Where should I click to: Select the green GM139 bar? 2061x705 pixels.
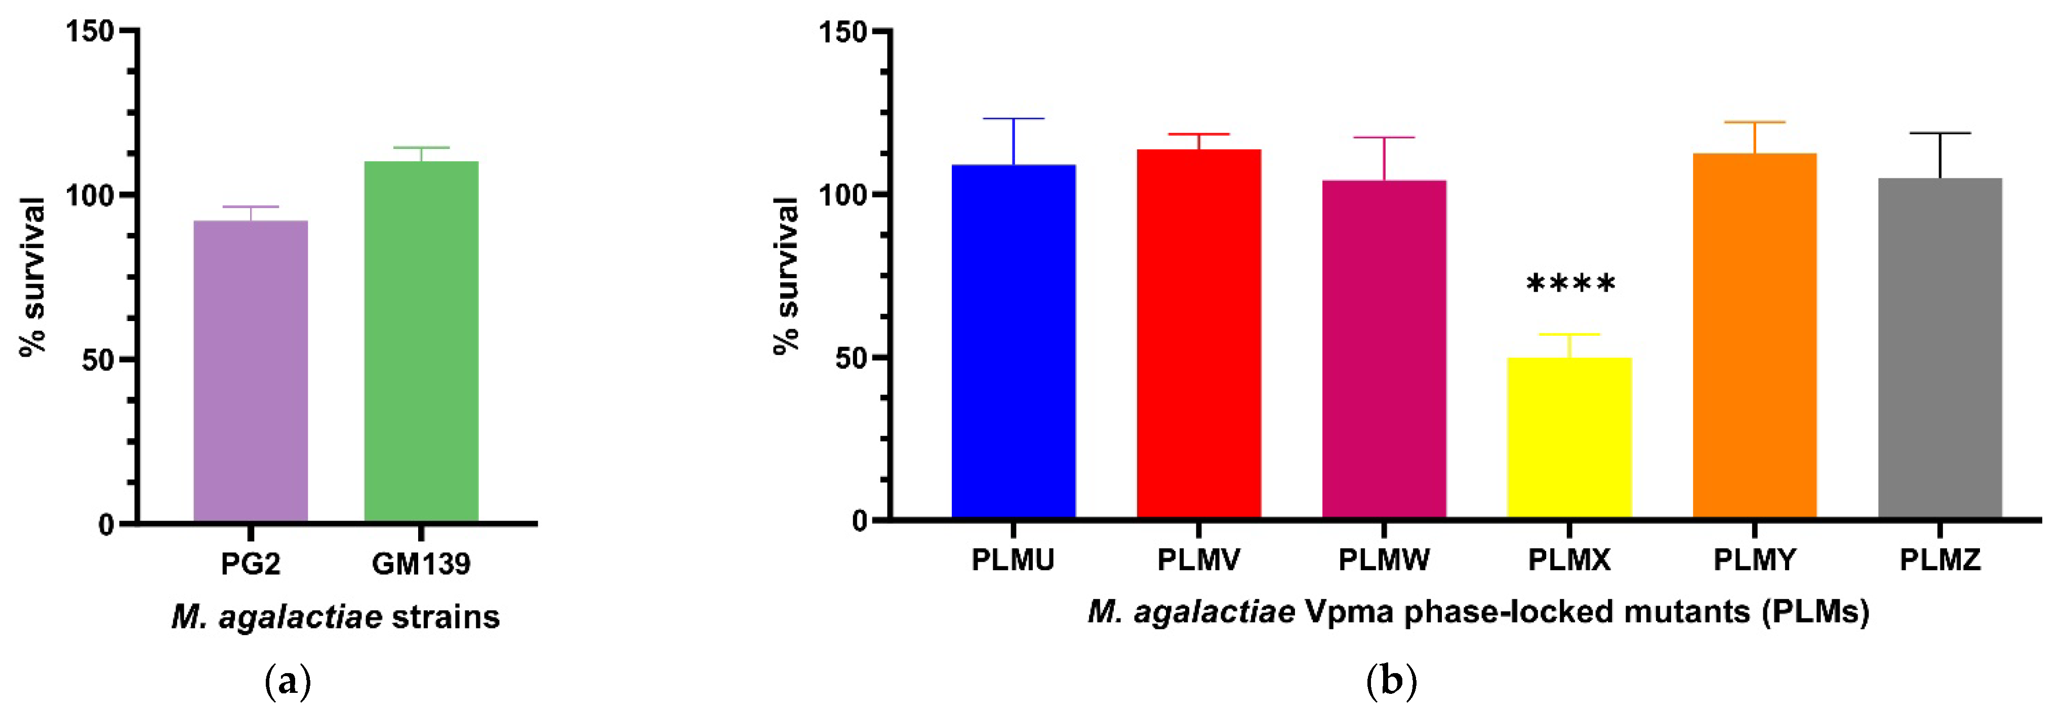(421, 342)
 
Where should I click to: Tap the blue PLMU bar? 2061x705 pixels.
(1013, 342)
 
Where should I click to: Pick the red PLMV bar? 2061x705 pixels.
(1198, 334)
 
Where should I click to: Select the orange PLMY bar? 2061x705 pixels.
(1755, 336)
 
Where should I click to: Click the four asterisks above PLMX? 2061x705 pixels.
(1570, 285)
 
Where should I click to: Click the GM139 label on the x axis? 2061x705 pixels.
(421, 564)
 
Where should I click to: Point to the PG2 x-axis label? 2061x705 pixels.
(251, 564)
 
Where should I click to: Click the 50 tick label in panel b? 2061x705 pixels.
(851, 359)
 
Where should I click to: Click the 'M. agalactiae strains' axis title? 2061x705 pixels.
(335, 617)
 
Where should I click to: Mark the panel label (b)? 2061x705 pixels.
(1392, 682)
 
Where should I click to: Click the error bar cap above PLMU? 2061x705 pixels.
(1013, 119)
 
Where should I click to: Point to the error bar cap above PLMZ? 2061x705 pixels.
(1939, 133)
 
